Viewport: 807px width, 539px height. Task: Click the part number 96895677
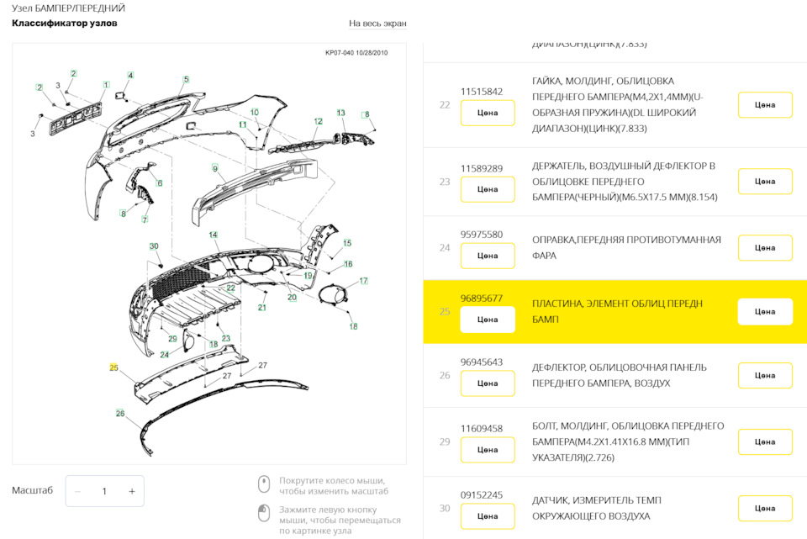point(482,299)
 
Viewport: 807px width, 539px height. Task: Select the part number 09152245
point(482,495)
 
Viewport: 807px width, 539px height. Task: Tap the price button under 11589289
point(488,189)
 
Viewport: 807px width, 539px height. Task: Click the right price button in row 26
point(765,375)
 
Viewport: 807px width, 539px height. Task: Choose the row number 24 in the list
point(445,248)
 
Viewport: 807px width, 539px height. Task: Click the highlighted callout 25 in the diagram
point(113,367)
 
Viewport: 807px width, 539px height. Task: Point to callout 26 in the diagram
point(120,413)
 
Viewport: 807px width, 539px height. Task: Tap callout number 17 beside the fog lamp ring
point(363,281)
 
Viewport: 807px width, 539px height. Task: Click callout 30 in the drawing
point(154,246)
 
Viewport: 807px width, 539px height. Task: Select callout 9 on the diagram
point(215,169)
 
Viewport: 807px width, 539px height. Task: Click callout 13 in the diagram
point(341,113)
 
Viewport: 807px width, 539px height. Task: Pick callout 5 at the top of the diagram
point(186,80)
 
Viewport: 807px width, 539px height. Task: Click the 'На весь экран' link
point(377,24)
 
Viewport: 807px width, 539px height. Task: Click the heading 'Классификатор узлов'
point(65,24)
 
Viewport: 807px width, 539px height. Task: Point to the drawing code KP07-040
point(341,53)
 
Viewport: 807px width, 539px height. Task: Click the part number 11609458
point(482,429)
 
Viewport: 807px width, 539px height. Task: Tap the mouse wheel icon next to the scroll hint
point(263,484)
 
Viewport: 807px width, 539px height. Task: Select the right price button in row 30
point(765,508)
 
